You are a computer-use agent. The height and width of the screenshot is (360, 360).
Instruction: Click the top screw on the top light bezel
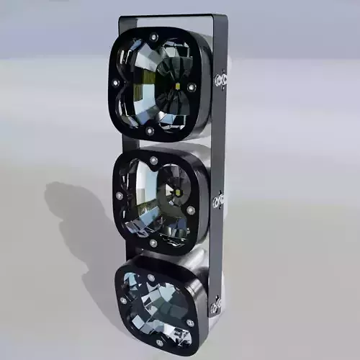[x=153, y=37]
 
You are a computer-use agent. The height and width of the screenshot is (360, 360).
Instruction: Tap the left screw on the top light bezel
[x=115, y=84]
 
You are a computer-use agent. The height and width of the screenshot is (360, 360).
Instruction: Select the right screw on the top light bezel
[x=192, y=87]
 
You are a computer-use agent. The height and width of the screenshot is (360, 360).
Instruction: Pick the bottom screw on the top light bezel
[x=150, y=131]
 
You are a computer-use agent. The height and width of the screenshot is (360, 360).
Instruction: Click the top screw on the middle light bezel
[x=153, y=159]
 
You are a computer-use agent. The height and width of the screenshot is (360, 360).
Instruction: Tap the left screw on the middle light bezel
[x=119, y=195]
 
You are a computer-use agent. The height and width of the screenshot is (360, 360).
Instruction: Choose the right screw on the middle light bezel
[x=191, y=210]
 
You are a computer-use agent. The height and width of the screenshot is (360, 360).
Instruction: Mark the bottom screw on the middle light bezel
[x=153, y=243]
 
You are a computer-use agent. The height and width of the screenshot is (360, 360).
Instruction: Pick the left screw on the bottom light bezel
[x=123, y=300]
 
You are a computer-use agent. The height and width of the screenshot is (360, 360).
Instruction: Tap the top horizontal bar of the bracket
[x=180, y=17]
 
